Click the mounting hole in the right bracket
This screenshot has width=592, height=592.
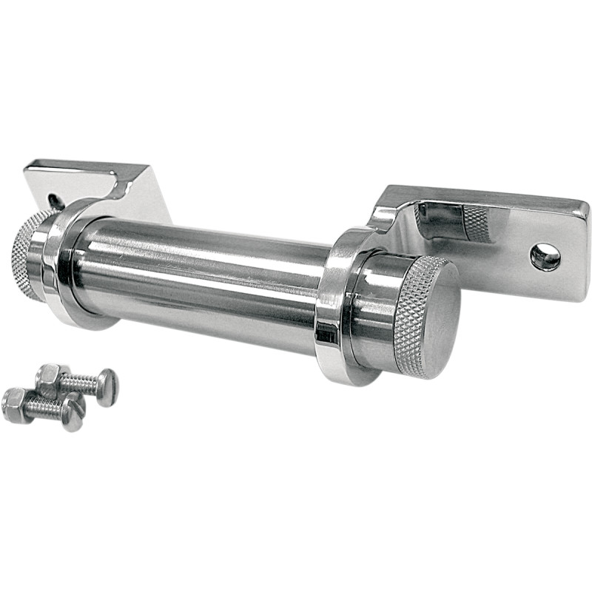point(545,257)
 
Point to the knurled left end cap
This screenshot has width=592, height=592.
point(25,255)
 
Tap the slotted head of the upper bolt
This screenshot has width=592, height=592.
point(107,387)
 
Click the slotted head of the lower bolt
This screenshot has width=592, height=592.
point(73,413)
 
